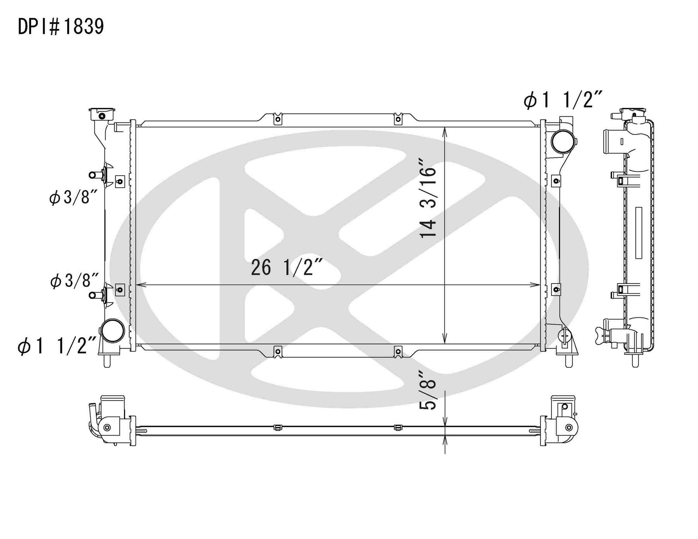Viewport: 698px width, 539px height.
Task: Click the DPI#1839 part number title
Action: pos(61,27)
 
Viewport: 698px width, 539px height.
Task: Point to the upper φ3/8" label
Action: pos(73,197)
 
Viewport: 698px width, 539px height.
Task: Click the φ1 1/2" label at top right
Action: pos(563,100)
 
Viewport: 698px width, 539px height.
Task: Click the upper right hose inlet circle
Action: pos(563,141)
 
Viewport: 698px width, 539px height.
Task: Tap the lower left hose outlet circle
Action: pos(112,330)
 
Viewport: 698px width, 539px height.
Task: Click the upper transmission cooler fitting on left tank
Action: pos(93,175)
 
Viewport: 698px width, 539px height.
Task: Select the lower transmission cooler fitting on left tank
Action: pos(93,295)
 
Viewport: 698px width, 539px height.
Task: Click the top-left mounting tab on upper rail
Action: pos(278,119)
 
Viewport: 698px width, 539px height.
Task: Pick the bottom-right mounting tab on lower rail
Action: pos(398,352)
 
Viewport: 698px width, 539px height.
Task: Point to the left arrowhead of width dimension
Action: pos(140,285)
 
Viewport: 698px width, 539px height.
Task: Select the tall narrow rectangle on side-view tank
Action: pos(639,233)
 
